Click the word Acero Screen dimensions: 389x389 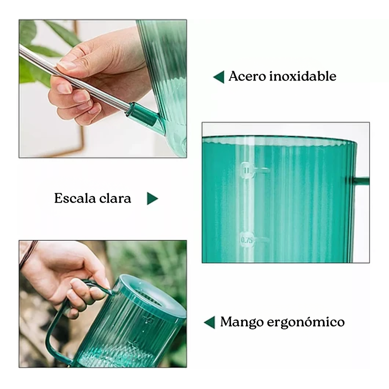[247, 77]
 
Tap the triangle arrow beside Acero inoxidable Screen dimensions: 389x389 [219, 77]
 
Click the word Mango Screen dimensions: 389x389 [240, 322]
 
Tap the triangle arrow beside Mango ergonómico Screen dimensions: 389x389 [209, 323]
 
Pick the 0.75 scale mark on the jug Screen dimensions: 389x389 [248, 239]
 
